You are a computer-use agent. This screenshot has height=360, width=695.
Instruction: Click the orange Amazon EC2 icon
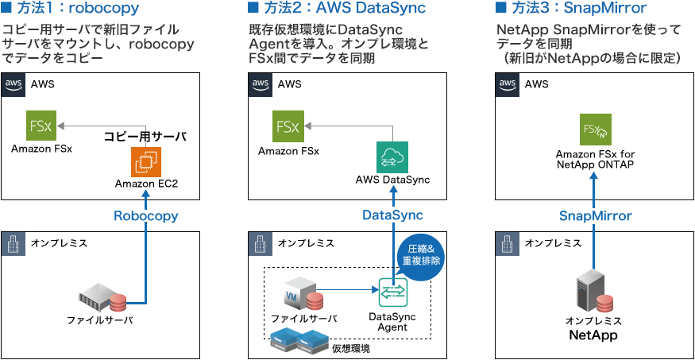145,162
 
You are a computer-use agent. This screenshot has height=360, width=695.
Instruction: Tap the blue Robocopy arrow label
145,215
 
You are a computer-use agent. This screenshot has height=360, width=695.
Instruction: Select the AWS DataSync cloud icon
392,157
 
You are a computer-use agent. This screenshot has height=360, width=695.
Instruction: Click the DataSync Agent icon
392,295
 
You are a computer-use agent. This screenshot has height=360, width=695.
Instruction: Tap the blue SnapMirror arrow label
595,215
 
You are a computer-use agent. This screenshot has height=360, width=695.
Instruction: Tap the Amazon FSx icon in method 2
288,127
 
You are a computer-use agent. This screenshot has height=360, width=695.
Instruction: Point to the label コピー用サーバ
145,137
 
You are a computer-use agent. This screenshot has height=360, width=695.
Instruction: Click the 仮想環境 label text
351,348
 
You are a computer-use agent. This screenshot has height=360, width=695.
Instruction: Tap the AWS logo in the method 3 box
508,84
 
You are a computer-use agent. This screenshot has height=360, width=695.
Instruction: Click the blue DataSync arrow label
392,215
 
